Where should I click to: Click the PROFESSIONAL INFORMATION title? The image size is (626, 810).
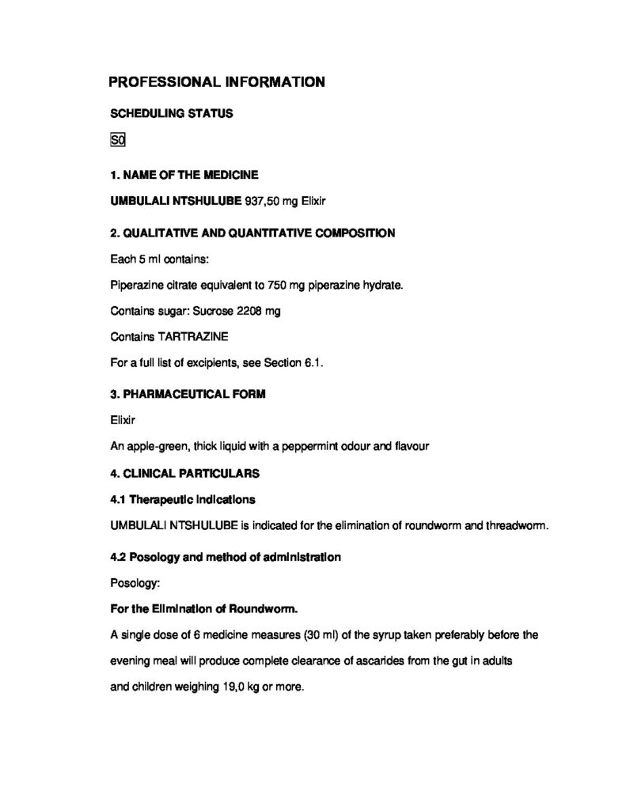[216, 81]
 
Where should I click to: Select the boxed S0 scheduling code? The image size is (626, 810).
[118, 142]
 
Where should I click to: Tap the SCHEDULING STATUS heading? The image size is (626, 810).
[171, 113]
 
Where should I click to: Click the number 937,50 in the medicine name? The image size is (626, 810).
[261, 202]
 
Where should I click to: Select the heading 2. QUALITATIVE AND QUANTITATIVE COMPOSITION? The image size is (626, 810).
[252, 233]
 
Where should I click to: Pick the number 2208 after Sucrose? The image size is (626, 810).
[250, 311]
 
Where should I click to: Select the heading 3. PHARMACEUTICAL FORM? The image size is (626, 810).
[188, 395]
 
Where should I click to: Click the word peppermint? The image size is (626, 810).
[326, 446]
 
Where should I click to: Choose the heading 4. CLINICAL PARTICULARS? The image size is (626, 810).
[186, 474]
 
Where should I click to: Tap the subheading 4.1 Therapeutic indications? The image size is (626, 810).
[183, 500]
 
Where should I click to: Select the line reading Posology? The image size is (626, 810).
[135, 583]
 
